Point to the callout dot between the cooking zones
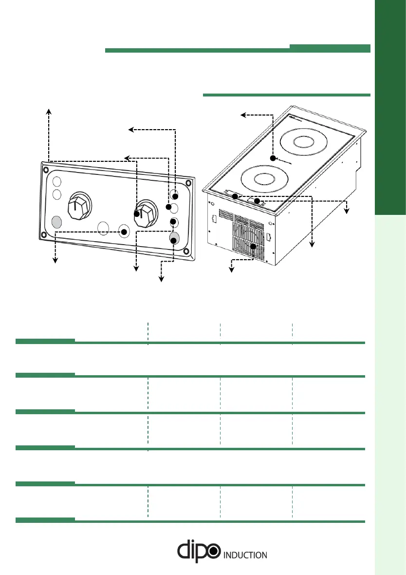click(x=273, y=158)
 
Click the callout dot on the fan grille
click(x=253, y=247)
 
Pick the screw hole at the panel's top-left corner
click(x=46, y=171)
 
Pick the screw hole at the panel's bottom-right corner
click(x=185, y=252)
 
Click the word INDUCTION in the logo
click(x=244, y=555)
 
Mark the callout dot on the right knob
click(x=137, y=213)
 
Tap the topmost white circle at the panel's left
click(x=56, y=182)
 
